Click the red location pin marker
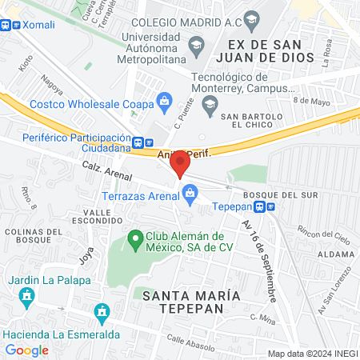click(181, 162)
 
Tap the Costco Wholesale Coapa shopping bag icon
click(164, 101)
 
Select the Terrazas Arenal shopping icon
click(190, 192)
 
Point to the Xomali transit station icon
click(6, 25)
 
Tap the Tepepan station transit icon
click(271, 206)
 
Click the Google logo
click(27, 350)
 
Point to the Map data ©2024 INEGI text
click(311, 353)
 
